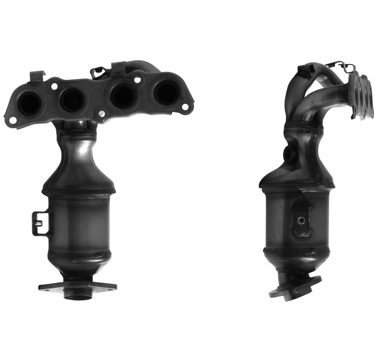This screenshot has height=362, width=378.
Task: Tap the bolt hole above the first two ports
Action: [54, 85]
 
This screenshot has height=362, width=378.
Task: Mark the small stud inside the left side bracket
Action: [38, 223]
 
